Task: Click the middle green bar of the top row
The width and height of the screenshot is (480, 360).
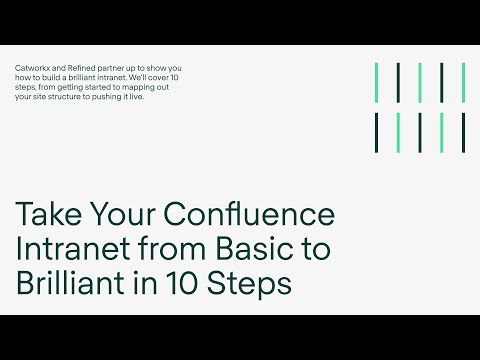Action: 420,83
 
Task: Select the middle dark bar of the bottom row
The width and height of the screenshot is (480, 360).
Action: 420,133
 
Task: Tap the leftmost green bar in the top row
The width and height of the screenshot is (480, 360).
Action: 377,83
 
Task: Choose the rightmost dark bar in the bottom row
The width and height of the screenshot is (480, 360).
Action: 463,133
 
